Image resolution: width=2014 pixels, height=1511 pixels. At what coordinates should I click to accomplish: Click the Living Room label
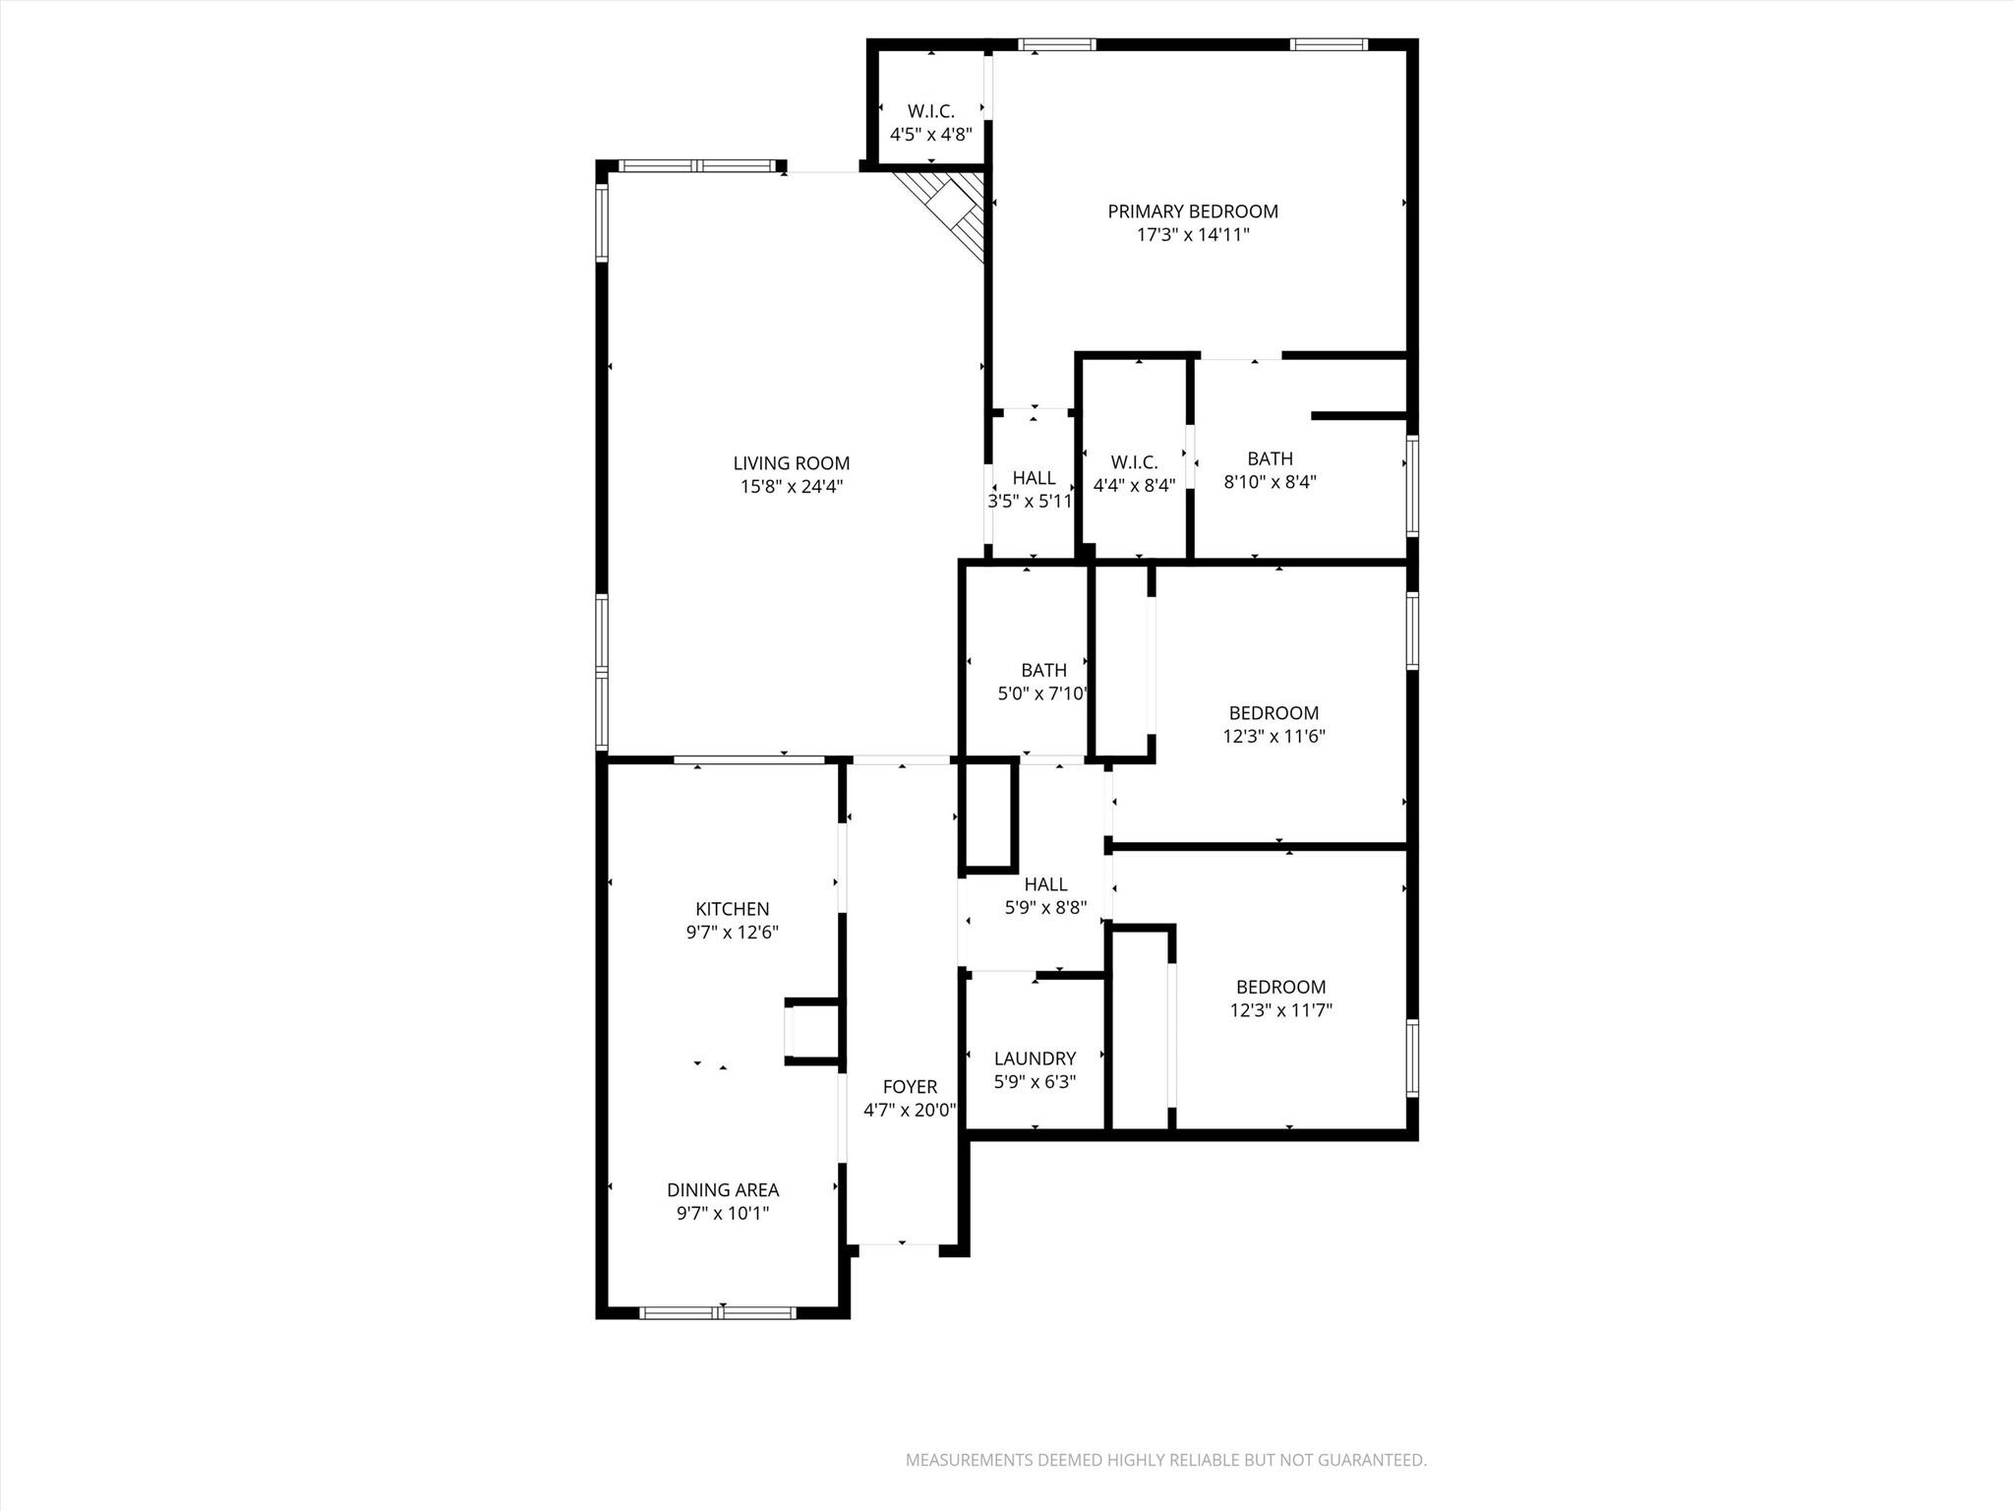click(x=791, y=463)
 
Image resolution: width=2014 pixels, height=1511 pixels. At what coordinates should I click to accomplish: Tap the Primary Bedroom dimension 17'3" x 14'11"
click(x=1193, y=235)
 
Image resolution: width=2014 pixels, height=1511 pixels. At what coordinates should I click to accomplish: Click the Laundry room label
click(x=1035, y=1058)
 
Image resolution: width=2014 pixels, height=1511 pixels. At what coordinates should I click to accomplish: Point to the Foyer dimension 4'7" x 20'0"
click(x=909, y=1111)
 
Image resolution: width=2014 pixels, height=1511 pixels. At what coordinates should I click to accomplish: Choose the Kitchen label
click(x=732, y=909)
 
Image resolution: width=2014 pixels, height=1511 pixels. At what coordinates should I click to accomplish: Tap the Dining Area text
click(x=723, y=1189)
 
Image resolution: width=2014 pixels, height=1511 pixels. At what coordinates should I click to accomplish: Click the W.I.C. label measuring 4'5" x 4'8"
click(x=930, y=111)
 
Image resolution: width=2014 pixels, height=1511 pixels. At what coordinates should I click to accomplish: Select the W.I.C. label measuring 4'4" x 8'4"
click(x=1134, y=462)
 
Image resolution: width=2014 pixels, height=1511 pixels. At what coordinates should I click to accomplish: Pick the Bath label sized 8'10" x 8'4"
click(x=1270, y=458)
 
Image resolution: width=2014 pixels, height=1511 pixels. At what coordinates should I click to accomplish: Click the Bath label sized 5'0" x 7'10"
click(x=1043, y=670)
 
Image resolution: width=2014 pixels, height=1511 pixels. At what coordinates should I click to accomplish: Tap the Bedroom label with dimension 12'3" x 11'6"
click(x=1274, y=713)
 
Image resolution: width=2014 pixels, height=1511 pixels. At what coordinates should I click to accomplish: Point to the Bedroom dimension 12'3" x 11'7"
click(x=1280, y=1010)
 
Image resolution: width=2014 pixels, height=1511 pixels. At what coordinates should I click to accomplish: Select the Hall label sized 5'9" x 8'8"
click(x=1045, y=884)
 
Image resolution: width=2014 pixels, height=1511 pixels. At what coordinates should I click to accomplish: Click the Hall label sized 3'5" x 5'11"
click(x=1034, y=478)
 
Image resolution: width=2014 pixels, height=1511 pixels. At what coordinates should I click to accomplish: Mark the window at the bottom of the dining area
click(x=718, y=1312)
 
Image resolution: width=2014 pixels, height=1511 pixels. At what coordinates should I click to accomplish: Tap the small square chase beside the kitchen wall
click(x=812, y=1031)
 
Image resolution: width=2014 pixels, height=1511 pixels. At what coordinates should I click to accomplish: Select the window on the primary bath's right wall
click(x=1412, y=486)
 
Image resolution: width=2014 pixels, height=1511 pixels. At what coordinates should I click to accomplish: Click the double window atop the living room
click(x=698, y=166)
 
